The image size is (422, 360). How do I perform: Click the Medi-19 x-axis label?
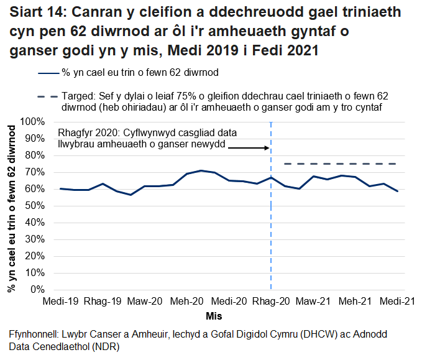pyautogui.click(x=60, y=302)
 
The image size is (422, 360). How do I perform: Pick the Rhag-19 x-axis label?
pyautogui.click(x=103, y=302)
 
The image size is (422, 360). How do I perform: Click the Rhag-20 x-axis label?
pyautogui.click(x=271, y=302)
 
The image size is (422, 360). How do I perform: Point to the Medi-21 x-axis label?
pyautogui.click(x=398, y=302)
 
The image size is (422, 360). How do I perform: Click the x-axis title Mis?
pyautogui.click(x=214, y=316)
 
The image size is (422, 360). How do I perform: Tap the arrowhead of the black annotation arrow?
pyautogui.click(x=267, y=148)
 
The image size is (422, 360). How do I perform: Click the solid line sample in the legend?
pyautogui.click(x=48, y=73)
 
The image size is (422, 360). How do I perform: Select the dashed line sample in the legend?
pyautogui.click(x=48, y=98)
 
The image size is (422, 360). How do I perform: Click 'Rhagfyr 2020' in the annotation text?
pyautogui.click(x=87, y=133)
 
